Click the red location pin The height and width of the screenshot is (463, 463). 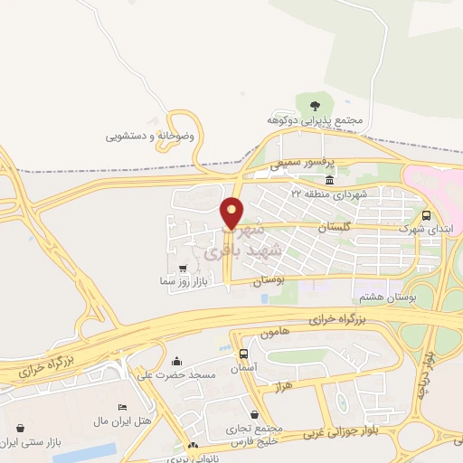(x=232, y=213)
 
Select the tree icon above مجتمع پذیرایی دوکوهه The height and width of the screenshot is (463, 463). (x=314, y=106)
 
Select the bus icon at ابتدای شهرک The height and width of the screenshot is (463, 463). (x=426, y=215)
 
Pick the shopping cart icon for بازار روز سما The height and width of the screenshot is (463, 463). (x=184, y=269)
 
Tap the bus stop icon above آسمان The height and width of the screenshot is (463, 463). (x=243, y=354)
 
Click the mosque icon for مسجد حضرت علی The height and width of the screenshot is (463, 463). (x=175, y=361)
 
